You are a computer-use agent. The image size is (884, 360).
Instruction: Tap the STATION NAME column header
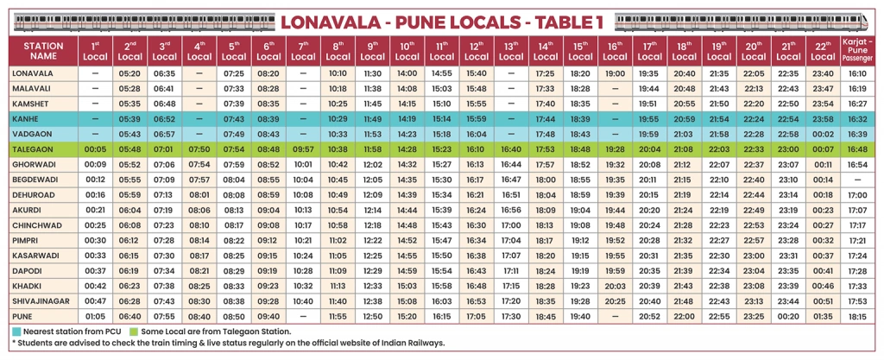coord(43,50)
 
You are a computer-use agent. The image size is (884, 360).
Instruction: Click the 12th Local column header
coord(476,50)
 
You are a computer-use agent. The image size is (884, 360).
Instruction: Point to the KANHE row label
coord(26,117)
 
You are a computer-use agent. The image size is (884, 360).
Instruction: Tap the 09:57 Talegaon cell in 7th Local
coord(303,148)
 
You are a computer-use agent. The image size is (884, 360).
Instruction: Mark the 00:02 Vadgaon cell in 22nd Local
coord(823,134)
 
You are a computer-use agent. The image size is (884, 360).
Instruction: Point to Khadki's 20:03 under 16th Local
coord(616,285)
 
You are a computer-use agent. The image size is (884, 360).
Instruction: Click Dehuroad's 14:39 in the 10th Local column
coord(407,194)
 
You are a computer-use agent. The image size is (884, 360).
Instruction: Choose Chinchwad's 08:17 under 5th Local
coord(234,224)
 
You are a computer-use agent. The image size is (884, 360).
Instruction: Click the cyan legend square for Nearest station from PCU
coord(16,331)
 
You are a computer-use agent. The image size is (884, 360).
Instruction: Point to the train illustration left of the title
coord(138,19)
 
